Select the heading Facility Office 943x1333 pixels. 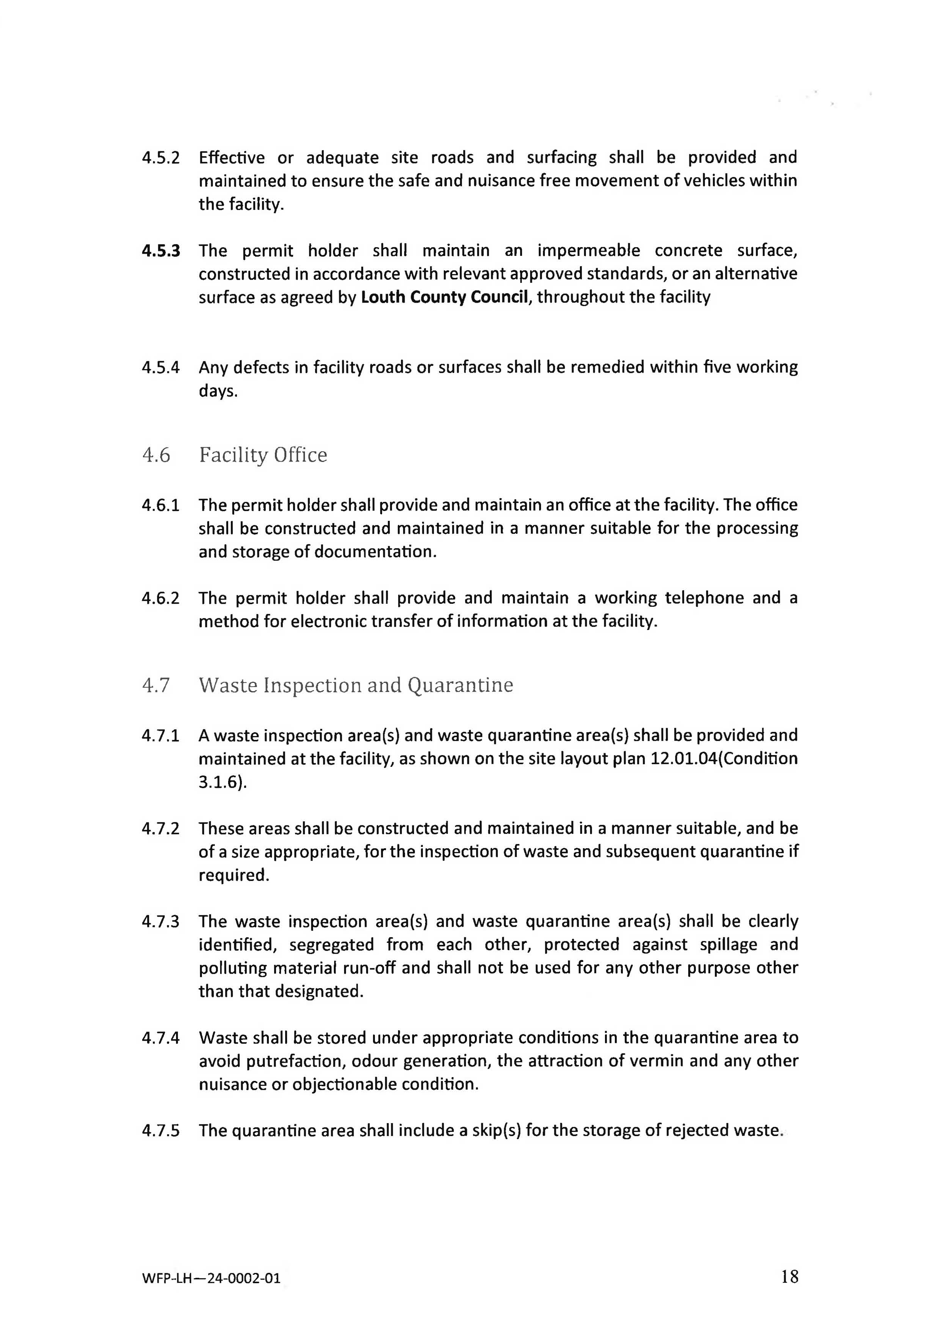[263, 455]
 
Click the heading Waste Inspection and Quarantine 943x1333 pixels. [356, 685]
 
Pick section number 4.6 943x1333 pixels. [156, 455]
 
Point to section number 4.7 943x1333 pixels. [156, 685]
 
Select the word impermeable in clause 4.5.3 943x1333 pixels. [588, 251]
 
